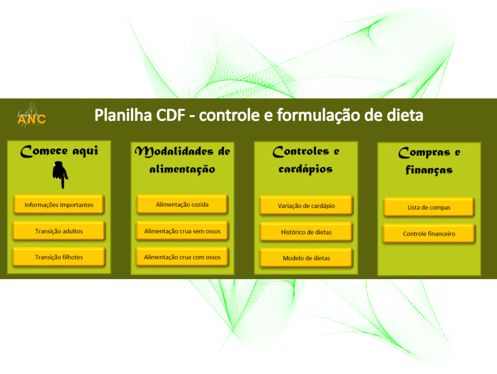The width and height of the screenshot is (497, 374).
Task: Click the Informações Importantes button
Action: click(x=59, y=205)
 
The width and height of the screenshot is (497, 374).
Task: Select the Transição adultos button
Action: click(x=59, y=231)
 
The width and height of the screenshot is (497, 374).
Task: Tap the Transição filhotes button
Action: click(x=59, y=257)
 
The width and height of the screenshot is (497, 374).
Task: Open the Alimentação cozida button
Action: click(x=182, y=204)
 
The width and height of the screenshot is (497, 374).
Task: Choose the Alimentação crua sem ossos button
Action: click(x=182, y=231)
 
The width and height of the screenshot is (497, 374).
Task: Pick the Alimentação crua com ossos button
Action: click(x=182, y=257)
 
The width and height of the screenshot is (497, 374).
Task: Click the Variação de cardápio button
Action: click(x=306, y=205)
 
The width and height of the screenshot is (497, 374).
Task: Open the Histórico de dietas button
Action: click(x=306, y=232)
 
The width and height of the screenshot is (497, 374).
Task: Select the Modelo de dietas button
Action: click(x=306, y=258)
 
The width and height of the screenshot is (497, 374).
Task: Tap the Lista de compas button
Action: click(x=429, y=207)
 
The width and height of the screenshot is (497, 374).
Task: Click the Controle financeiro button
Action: click(x=429, y=234)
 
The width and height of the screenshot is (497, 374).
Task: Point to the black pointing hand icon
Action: click(x=60, y=175)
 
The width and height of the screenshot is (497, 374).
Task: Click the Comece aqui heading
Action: click(x=59, y=151)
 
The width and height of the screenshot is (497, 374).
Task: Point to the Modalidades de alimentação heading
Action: click(x=182, y=160)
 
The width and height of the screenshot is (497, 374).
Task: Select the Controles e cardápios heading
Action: click(x=306, y=160)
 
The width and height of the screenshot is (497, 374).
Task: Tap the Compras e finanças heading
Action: click(x=429, y=161)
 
